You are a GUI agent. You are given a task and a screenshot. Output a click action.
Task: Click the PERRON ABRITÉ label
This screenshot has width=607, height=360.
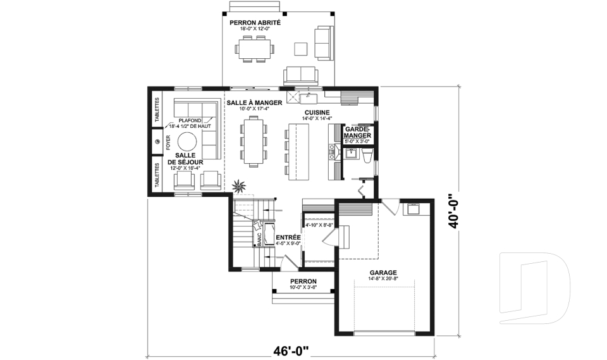255,23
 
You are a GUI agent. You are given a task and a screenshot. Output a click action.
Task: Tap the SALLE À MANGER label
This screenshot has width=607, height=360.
254,102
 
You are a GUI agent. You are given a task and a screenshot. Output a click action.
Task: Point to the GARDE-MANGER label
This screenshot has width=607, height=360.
358,131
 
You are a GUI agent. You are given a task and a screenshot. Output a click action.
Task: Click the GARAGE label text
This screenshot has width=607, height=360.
383,272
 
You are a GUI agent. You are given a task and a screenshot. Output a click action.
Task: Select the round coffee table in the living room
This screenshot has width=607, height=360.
187,141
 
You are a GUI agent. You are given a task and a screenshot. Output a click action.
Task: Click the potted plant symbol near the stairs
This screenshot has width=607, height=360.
240,187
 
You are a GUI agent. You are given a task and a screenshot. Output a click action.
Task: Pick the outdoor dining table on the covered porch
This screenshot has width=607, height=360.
255,48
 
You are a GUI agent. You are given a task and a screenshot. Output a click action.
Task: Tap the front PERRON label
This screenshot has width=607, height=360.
303,282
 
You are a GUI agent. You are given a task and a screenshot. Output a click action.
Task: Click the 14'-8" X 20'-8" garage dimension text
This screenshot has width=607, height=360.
383,278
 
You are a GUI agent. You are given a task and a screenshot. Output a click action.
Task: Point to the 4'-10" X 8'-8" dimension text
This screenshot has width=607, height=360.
319,225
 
